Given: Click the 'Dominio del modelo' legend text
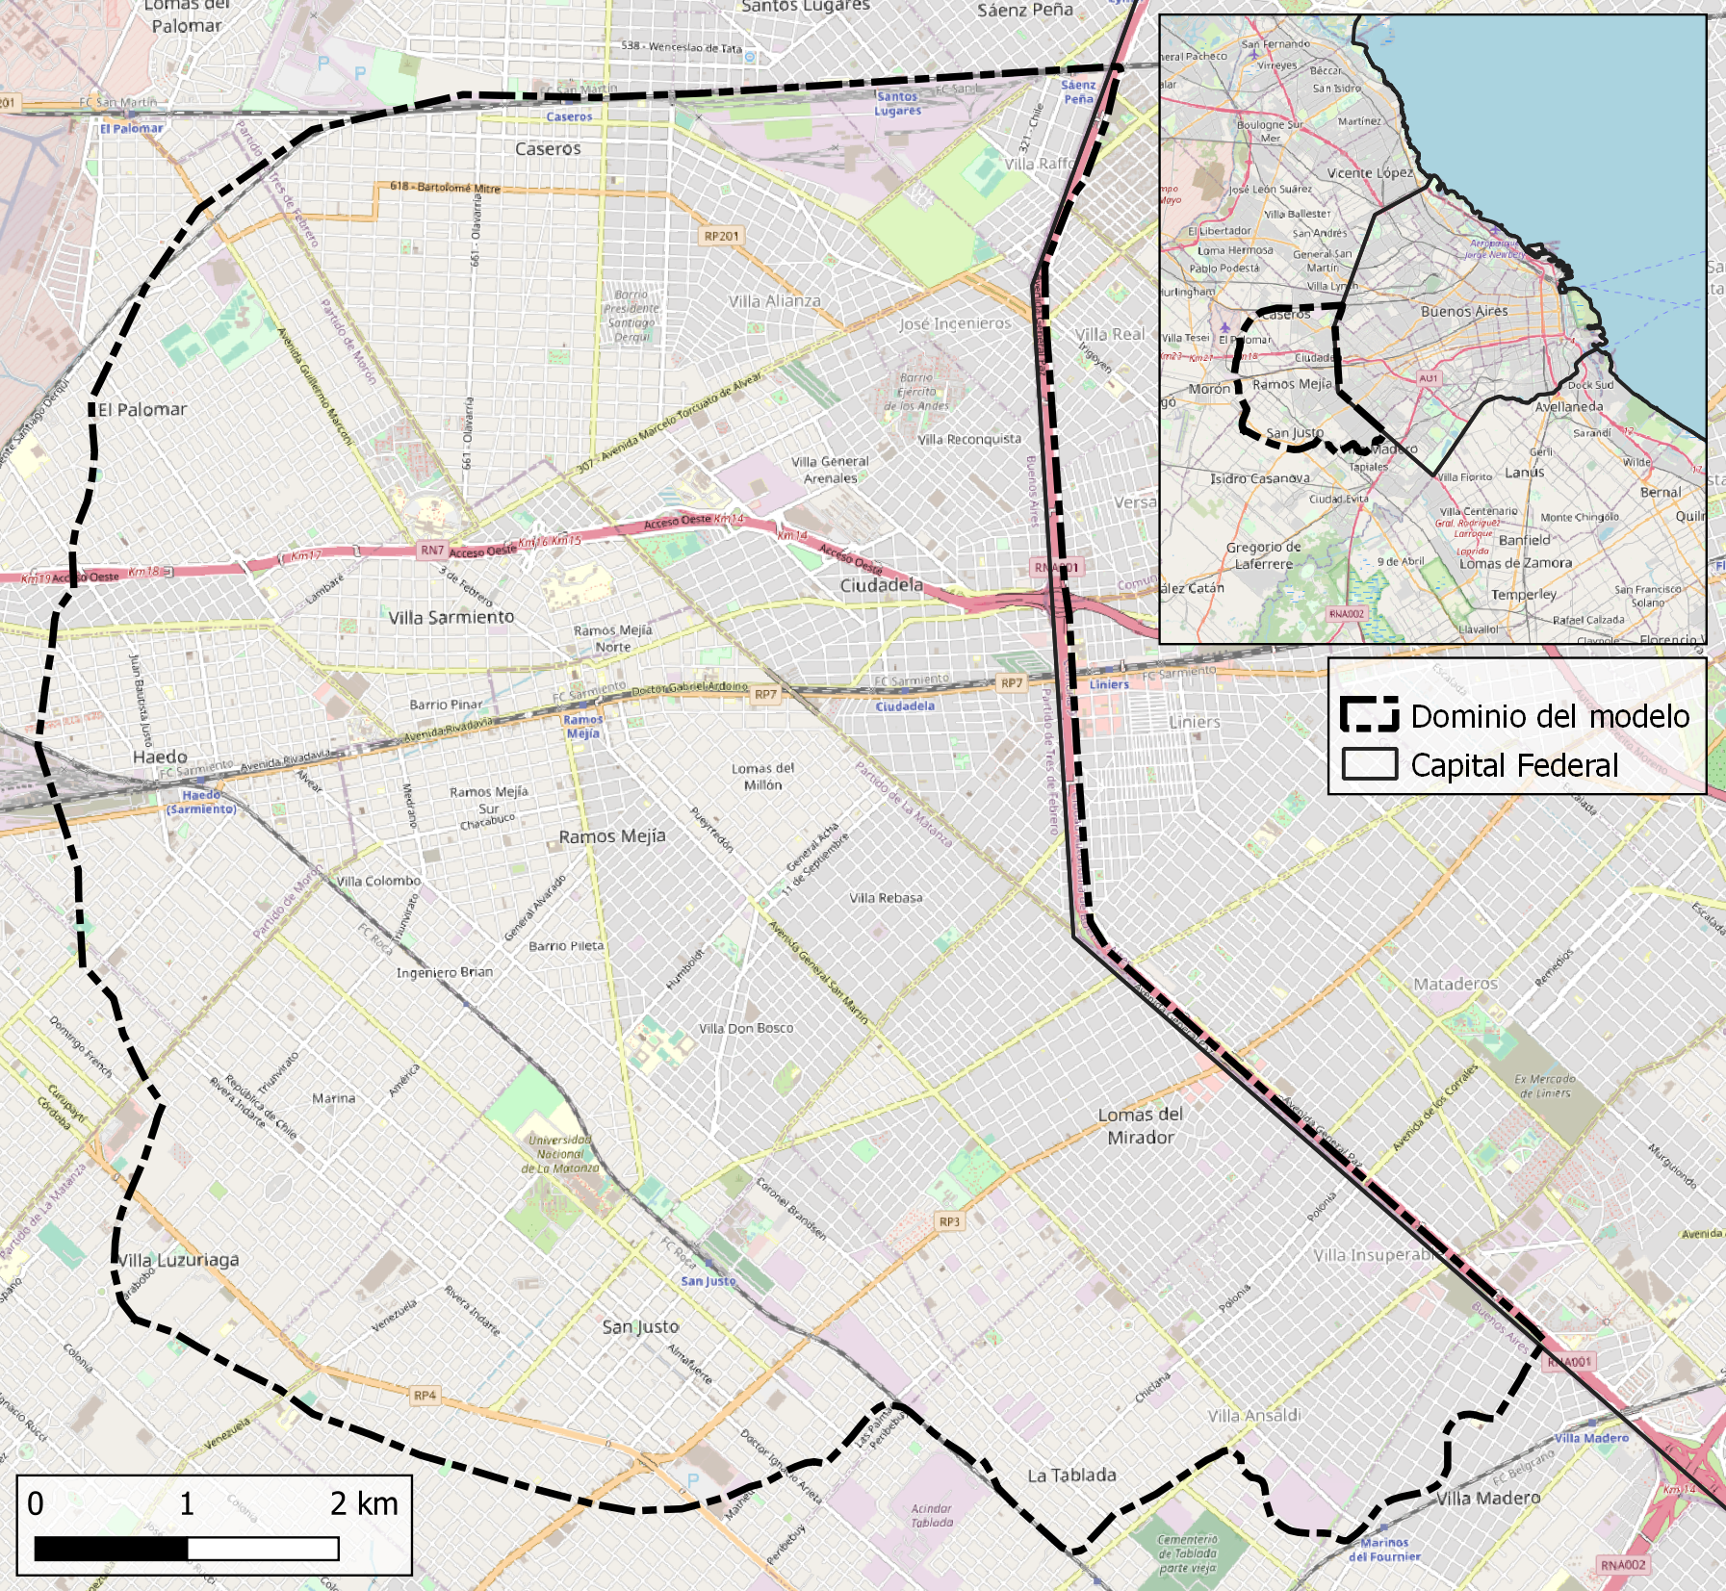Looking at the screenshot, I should point(1550,717).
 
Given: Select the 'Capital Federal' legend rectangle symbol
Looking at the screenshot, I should point(1370,764).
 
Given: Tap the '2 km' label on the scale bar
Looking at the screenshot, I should point(364,1503).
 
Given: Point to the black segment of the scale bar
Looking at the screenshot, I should point(112,1548).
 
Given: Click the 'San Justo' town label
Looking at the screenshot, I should point(640,1327).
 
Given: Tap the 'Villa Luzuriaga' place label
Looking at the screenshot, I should point(178,1260).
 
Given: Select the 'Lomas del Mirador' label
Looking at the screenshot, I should point(1141,1126).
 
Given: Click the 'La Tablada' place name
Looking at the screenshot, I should point(1071,1476).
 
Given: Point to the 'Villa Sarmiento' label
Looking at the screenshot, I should point(451,617).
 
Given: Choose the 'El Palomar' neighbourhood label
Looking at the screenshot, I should point(142,410).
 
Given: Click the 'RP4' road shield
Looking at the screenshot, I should point(425,1395).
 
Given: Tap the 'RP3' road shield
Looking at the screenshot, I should point(949,1221).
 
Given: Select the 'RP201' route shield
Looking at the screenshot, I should point(722,236).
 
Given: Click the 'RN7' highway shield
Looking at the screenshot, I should point(432,551).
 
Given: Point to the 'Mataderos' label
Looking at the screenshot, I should point(1456,984).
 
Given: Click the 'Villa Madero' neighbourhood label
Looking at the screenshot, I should point(1488,1499).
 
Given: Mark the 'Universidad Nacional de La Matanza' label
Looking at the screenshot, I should point(560,1154).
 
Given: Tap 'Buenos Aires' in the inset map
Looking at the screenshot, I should point(1464,312).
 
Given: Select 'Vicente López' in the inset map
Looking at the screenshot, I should point(1370,173).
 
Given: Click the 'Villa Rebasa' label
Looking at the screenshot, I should point(886,898).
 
